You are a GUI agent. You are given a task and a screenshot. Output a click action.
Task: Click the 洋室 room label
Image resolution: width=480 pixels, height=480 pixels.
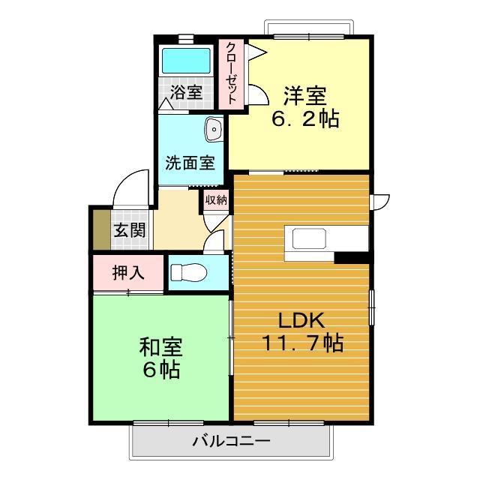click(x=304, y=96)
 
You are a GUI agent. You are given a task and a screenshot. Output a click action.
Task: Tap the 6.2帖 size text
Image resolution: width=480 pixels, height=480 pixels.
click(x=304, y=118)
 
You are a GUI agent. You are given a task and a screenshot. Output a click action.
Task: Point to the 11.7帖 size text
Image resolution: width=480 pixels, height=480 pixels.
click(x=302, y=343)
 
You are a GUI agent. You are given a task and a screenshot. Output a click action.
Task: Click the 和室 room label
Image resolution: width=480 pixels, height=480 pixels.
click(x=160, y=347)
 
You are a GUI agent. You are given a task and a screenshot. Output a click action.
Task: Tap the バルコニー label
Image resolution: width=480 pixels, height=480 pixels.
click(x=230, y=441)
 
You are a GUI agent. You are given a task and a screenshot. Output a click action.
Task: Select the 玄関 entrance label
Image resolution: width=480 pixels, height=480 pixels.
click(x=129, y=230)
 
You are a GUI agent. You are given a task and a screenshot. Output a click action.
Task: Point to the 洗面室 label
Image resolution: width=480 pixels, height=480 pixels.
click(x=190, y=162)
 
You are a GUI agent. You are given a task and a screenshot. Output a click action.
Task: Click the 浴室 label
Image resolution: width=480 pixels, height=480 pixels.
click(x=185, y=93)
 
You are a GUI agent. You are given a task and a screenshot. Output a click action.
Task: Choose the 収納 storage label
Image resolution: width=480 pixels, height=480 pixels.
click(x=216, y=199)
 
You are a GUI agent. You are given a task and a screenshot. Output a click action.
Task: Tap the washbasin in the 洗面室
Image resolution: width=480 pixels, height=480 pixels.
click(x=214, y=130)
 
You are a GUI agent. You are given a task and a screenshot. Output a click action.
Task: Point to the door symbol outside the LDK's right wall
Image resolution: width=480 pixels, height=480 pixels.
click(x=381, y=202)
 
